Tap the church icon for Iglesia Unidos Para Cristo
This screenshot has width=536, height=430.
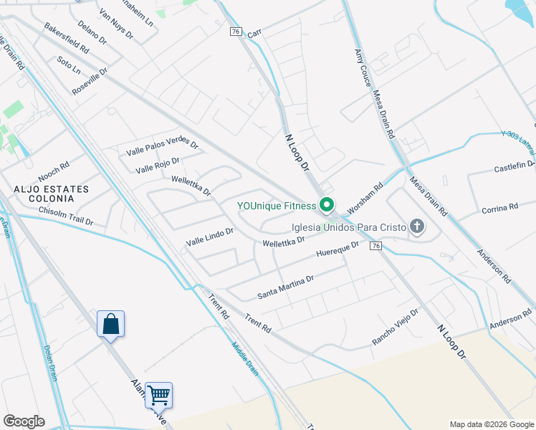(x=416, y=228)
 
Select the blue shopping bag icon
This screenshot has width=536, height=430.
(x=111, y=324)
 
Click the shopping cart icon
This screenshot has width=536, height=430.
(x=158, y=395)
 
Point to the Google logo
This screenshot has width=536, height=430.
(x=24, y=421)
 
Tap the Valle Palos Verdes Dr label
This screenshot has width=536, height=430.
(x=162, y=148)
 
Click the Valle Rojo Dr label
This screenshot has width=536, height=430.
(x=158, y=166)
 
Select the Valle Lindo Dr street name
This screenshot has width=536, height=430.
(x=210, y=236)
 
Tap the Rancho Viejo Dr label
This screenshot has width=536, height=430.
(x=395, y=328)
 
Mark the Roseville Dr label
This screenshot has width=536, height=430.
(x=90, y=82)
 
